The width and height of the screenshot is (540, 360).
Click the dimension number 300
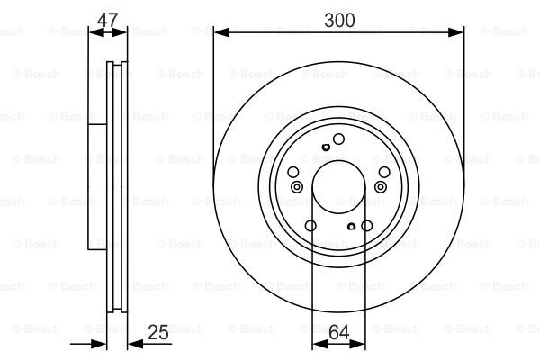coord(339,21)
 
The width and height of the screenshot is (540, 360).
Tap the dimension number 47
coord(107,20)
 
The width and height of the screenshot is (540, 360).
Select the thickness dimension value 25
coord(158,332)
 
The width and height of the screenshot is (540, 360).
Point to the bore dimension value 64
coord(339,332)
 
